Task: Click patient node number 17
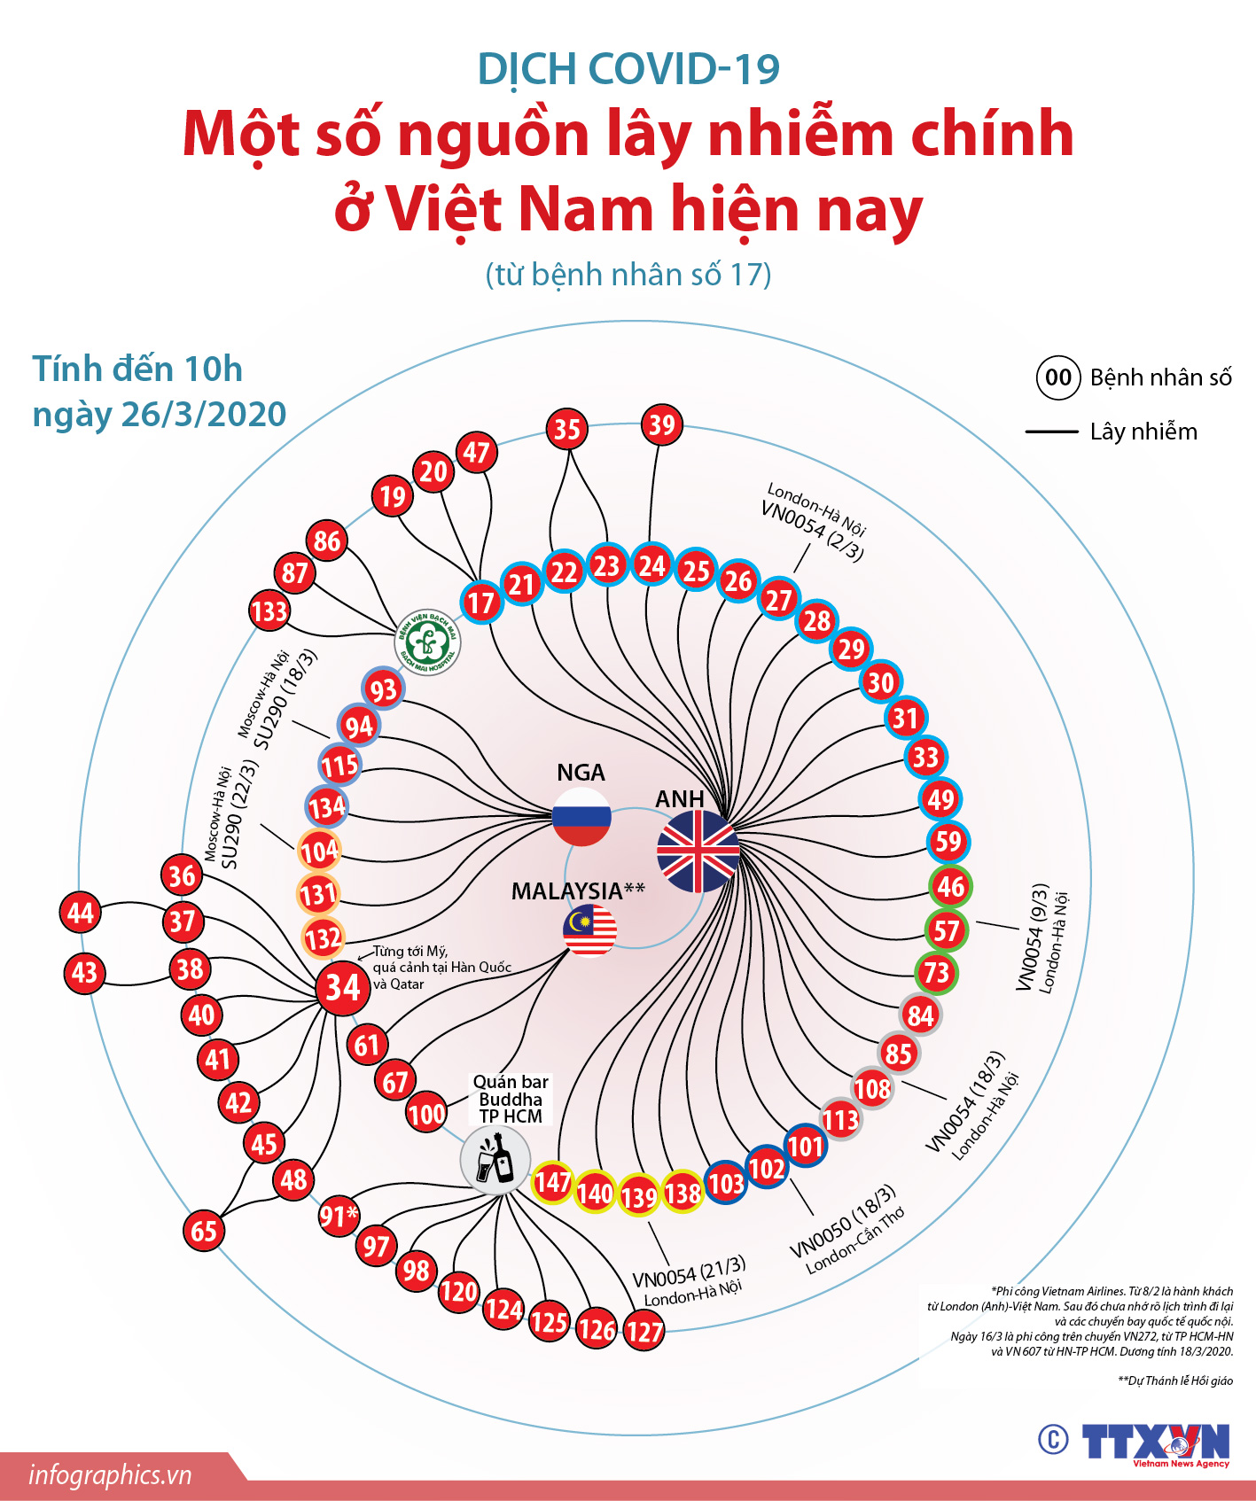coord(480,603)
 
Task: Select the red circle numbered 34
coord(343,987)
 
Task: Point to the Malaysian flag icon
coord(589,930)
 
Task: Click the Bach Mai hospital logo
coord(427,642)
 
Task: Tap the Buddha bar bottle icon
coord(495,1160)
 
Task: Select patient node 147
coord(552,1181)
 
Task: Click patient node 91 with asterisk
coord(339,1216)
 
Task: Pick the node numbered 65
coord(204,1230)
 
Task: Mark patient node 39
coord(662,424)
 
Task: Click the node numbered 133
coord(269,611)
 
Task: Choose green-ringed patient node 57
coord(947,929)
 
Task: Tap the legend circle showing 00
coord(1058,377)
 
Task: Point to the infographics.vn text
coord(110,1474)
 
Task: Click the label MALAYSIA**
coord(578,890)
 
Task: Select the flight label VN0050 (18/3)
coord(843,1221)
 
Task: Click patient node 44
coord(81,913)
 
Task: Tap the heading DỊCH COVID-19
coord(628,69)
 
